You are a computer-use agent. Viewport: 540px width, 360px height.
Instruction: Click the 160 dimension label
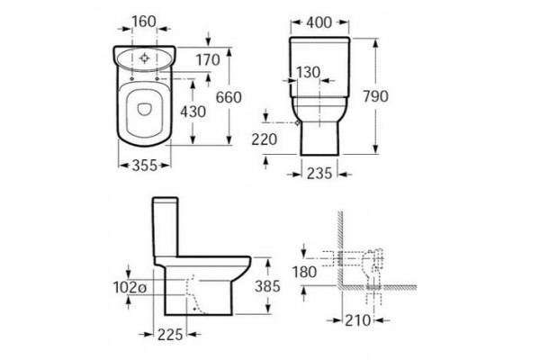pos(144,22)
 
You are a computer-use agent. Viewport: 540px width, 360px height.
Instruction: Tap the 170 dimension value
pos(208,60)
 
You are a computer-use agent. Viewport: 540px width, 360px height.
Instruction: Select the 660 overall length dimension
pos(229,97)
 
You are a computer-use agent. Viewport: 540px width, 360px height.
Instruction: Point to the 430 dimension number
pos(193,112)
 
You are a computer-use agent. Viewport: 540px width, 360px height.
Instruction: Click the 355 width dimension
pos(145,166)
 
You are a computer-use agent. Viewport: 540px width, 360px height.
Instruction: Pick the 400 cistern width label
pos(319,22)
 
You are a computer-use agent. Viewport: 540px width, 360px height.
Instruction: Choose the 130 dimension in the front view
pos(308,72)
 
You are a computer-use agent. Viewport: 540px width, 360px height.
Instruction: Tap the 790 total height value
pos(375,96)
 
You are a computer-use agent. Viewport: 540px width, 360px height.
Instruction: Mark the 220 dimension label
pos(264,139)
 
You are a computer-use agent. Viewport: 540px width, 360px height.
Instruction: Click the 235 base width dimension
pos(319,174)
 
